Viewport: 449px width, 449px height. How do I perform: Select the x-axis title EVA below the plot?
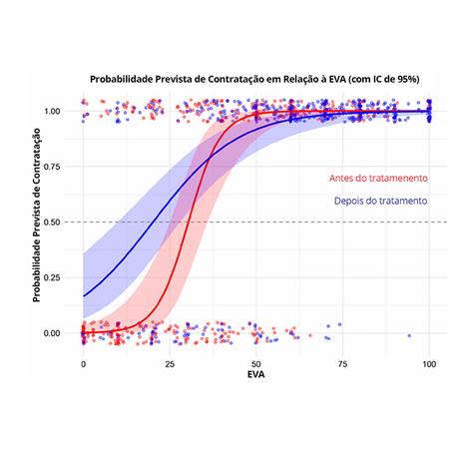[x=256, y=377]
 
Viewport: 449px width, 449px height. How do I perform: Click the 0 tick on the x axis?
[x=84, y=364]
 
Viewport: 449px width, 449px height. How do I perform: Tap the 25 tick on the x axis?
[x=171, y=364]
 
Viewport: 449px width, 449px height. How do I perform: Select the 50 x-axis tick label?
[x=257, y=364]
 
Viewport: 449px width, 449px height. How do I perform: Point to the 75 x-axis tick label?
[x=343, y=364]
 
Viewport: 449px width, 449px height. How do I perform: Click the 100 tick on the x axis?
[x=430, y=364]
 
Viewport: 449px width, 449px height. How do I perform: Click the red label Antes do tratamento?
[x=378, y=178]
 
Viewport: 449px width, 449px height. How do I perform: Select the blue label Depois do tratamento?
[x=378, y=200]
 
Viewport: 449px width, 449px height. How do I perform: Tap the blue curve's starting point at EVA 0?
[x=85, y=295]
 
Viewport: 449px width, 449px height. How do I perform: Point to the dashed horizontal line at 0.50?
[x=299, y=222]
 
